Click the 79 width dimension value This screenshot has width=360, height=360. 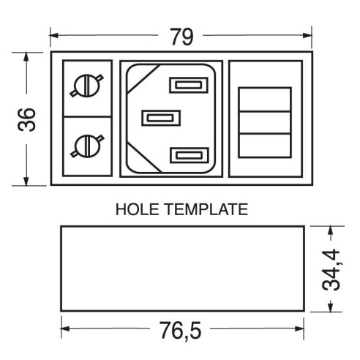(x=181, y=37)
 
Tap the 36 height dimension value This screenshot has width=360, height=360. (x=26, y=120)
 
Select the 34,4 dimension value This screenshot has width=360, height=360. (x=331, y=270)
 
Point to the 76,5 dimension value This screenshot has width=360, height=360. (x=181, y=331)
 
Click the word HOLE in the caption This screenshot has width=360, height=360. (x=137, y=209)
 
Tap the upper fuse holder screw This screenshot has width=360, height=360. (x=87, y=86)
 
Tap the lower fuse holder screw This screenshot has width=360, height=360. (x=87, y=146)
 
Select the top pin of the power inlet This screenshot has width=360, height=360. (x=189, y=85)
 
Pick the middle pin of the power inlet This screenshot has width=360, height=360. (x=161, y=118)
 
